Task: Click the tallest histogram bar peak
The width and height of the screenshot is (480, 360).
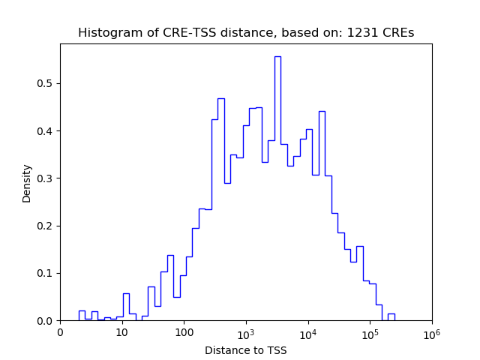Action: [x=277, y=57]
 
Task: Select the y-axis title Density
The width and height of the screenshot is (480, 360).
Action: [x=27, y=183]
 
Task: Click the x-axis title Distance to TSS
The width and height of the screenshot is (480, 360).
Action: [x=246, y=350]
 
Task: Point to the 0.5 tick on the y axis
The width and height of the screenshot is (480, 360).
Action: [x=46, y=83]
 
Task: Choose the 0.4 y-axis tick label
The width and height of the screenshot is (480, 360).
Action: [x=46, y=131]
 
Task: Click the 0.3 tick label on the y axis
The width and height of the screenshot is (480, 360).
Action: [x=46, y=178]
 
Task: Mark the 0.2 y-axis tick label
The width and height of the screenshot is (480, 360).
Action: [x=46, y=226]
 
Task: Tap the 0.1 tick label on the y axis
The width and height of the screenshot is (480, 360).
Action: [x=46, y=274]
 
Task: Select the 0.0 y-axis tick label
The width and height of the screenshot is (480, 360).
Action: [x=46, y=321]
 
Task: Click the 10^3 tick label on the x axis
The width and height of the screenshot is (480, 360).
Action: [x=246, y=332]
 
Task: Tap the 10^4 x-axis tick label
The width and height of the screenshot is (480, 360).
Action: [x=308, y=332]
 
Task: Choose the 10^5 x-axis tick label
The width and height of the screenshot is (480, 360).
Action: [x=370, y=332]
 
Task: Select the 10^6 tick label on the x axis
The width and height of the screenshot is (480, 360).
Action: [x=432, y=332]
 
